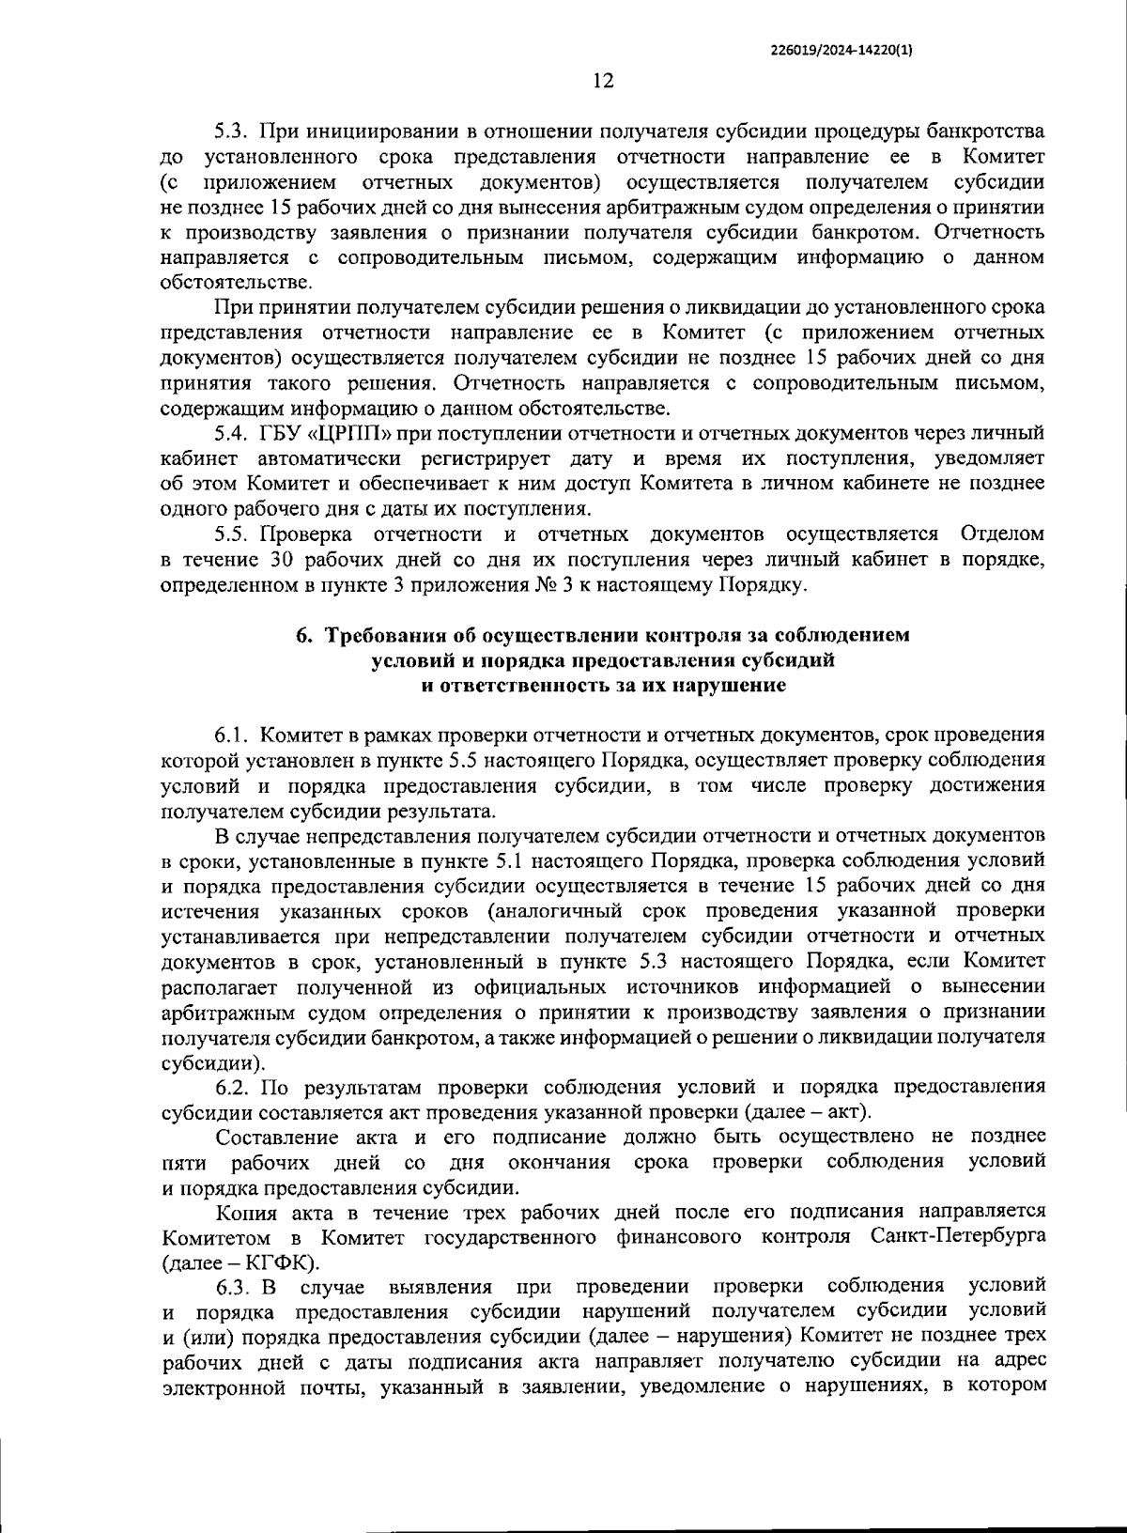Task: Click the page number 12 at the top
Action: [603, 82]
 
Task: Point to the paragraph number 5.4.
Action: [231, 434]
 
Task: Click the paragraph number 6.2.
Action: [231, 1088]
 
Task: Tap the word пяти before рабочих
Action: [182, 1163]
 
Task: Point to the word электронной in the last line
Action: [222, 1386]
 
